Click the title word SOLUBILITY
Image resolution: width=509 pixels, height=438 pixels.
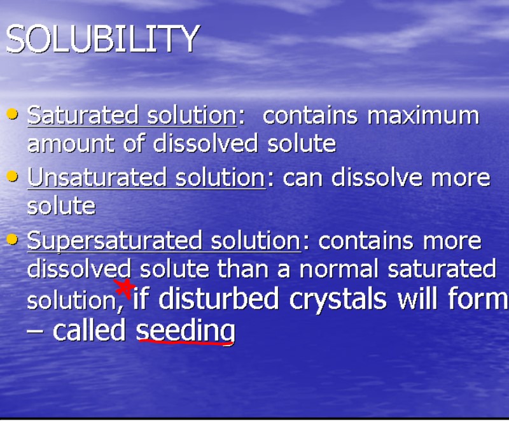pyautogui.click(x=102, y=39)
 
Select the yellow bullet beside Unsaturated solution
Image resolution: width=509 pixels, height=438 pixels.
pyautogui.click(x=12, y=176)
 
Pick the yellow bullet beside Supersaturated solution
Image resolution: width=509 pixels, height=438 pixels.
pyautogui.click(x=12, y=239)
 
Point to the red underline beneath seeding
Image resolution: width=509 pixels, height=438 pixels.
pyautogui.click(x=185, y=342)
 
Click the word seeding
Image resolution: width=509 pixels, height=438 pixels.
pyautogui.click(x=185, y=330)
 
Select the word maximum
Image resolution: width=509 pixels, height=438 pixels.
pyautogui.click(x=423, y=116)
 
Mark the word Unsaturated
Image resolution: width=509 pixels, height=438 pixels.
pyautogui.click(x=87, y=178)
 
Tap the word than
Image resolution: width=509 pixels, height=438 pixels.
pyautogui.click(x=242, y=269)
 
